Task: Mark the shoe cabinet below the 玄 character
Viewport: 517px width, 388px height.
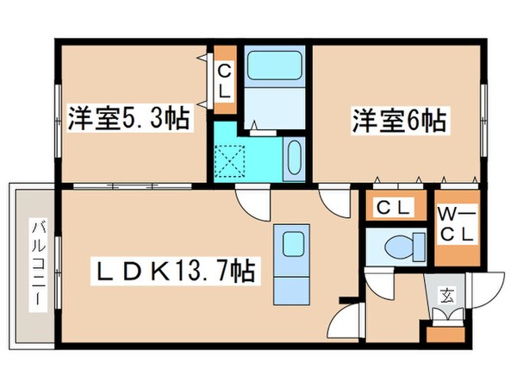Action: [x=447, y=320]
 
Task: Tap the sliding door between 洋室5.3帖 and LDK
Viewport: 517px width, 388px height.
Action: [x=129, y=185]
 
